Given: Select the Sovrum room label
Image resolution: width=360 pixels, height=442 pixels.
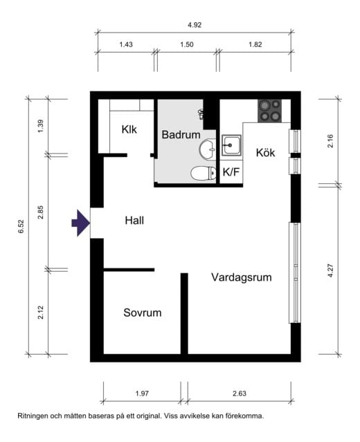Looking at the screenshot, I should [x=142, y=313].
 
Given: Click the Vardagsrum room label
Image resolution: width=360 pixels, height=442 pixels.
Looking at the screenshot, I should [x=241, y=277].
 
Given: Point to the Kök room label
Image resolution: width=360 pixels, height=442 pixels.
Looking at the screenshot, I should [x=265, y=153].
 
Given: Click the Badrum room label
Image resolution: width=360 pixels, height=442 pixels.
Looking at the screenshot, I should [x=181, y=135].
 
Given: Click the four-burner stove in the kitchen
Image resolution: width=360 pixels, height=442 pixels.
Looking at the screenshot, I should [x=270, y=111].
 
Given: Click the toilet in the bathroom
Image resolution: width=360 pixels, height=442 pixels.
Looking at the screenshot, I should [x=201, y=174].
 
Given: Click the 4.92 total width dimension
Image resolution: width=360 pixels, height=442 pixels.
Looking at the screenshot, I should [x=195, y=24].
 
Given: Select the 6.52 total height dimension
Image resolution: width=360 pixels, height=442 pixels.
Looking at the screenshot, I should [x=20, y=227].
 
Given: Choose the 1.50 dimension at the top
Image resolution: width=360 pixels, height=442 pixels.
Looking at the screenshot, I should [x=186, y=44].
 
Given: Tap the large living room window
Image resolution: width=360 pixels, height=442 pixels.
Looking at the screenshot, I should [x=295, y=273].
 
